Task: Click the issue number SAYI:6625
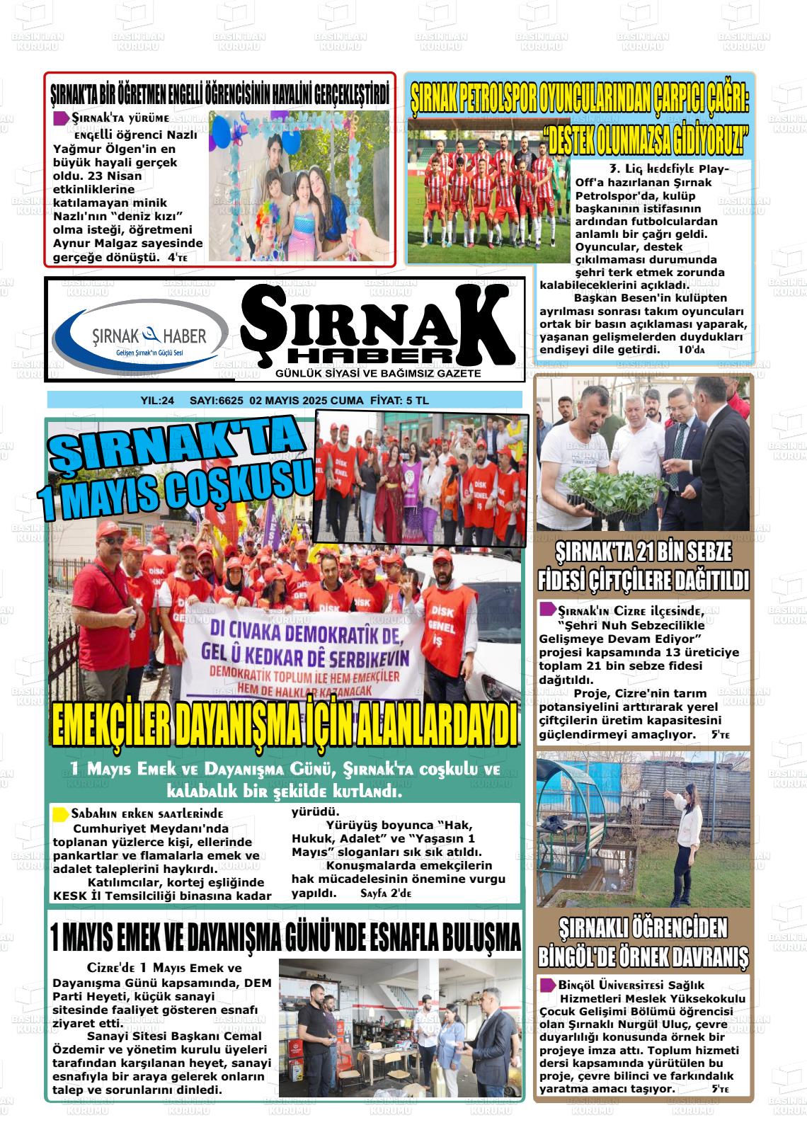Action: click(x=217, y=401)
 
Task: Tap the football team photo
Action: click(x=488, y=191)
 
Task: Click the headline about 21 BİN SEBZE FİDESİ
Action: click(x=643, y=567)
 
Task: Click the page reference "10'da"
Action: click(x=692, y=350)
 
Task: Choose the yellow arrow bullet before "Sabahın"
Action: click(x=61, y=814)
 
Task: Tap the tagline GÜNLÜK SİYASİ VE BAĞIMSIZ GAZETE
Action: click(x=378, y=373)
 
